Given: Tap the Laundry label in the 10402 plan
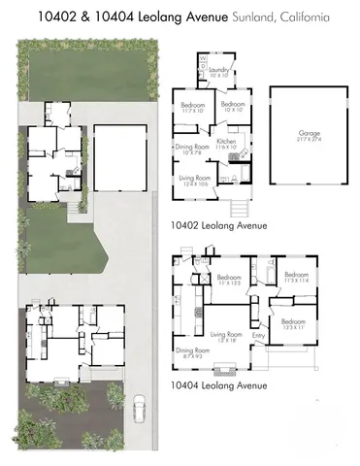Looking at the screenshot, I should coord(217,71).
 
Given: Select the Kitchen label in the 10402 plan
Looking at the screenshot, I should coord(227,143).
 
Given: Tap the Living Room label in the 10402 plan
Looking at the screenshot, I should coord(193,183).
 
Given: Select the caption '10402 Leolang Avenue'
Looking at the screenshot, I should coord(217,225).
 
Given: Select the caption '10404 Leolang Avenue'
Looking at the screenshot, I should coord(217,384).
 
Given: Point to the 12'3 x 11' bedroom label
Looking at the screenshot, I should coord(295,323).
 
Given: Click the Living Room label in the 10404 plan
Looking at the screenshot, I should coord(225,336).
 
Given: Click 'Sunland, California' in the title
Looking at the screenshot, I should coord(293,17).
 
